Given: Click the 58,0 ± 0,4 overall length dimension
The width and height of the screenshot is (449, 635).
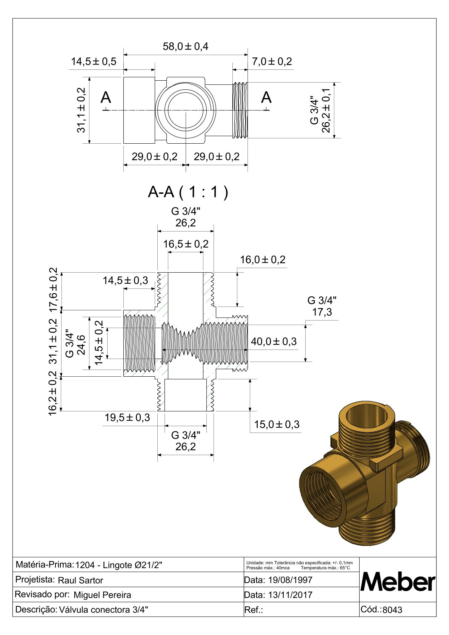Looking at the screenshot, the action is point(186,46).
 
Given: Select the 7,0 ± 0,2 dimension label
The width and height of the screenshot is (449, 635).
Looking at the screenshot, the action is point(272,61).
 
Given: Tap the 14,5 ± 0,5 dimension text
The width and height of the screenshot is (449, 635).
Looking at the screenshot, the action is point(94,61).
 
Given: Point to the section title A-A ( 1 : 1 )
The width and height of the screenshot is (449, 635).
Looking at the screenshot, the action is point(188,192).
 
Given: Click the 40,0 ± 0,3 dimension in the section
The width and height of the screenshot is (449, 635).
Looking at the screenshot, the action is point(274,342).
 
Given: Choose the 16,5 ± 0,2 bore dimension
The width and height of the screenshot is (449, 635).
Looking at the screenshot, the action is point(186,244).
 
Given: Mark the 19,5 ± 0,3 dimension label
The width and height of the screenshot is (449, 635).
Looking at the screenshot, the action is point(128,417).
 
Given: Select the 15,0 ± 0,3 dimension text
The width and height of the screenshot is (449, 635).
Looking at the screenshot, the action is point(277,424).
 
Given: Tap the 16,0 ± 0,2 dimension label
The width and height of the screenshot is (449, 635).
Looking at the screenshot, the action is point(263,260).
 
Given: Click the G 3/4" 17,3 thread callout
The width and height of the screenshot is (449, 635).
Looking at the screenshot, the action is point(322,307).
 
